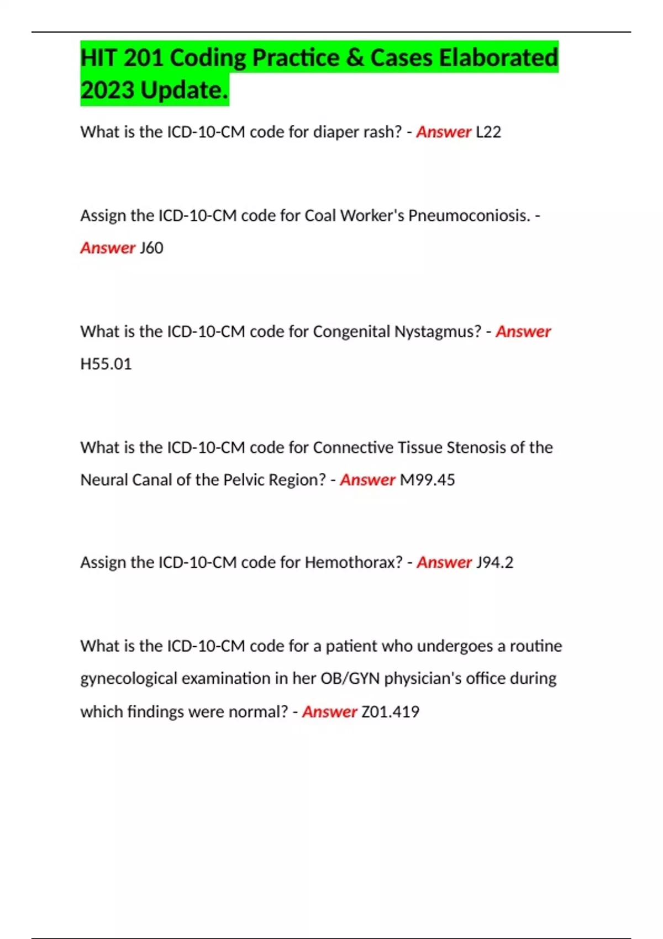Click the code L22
(488, 132)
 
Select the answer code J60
(151, 248)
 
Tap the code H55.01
(106, 364)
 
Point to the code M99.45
(427, 480)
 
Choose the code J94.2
(494, 562)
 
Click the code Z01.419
(390, 711)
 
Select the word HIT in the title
(99, 58)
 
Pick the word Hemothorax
(354, 562)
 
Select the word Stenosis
(476, 447)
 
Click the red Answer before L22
(444, 132)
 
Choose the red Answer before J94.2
(444, 562)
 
